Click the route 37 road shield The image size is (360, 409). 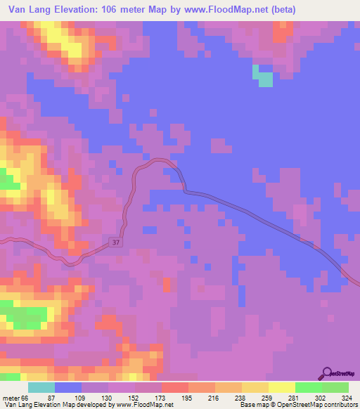click(116, 242)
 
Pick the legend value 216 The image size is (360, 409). click(214, 398)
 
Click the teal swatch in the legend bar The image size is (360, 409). click(41, 387)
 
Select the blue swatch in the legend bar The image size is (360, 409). click(68, 387)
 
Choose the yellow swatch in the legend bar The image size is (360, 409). click(282, 387)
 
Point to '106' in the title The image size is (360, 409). click(112, 10)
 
